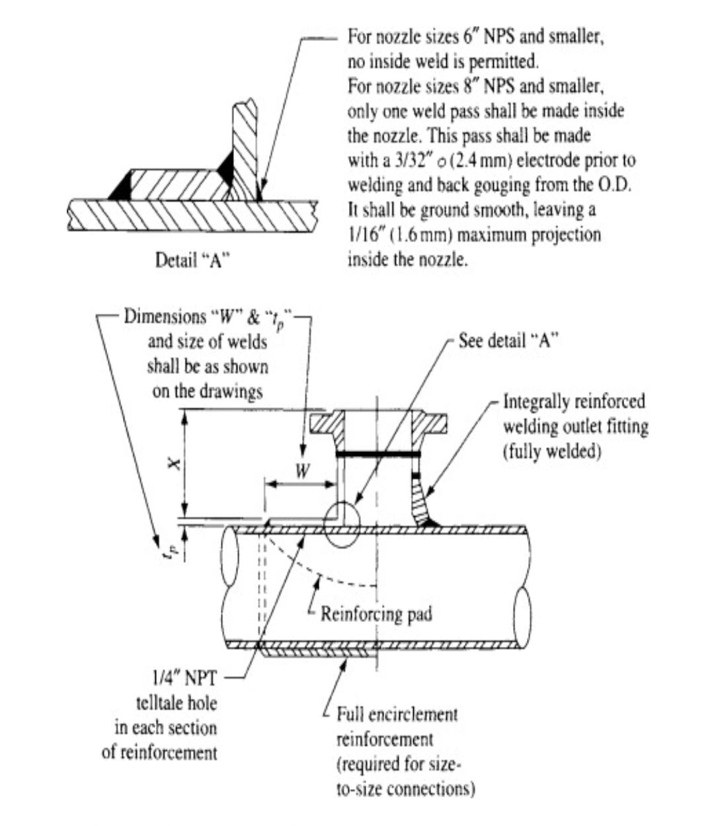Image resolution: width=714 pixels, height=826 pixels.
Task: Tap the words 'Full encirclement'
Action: tap(397, 714)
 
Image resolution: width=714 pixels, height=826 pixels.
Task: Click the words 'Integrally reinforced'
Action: tap(574, 402)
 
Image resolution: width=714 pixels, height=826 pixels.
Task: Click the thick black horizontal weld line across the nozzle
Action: tap(378, 455)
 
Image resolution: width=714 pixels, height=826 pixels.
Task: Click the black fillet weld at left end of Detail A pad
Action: tap(121, 189)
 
